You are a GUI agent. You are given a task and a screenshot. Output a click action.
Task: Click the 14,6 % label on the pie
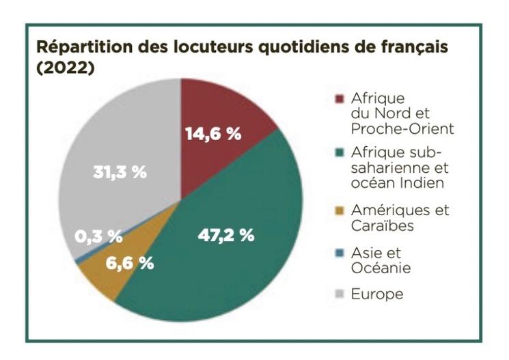pos(213,134)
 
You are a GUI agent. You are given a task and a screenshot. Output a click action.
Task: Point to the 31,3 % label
pos(120,172)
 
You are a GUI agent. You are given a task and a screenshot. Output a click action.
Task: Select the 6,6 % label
pos(129,263)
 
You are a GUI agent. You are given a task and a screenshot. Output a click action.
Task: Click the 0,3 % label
pos(98,236)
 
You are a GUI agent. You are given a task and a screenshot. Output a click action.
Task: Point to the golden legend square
pos(339,210)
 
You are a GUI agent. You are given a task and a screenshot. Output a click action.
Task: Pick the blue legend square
pos(339,253)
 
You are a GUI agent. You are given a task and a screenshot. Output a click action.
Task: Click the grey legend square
pos(339,294)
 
